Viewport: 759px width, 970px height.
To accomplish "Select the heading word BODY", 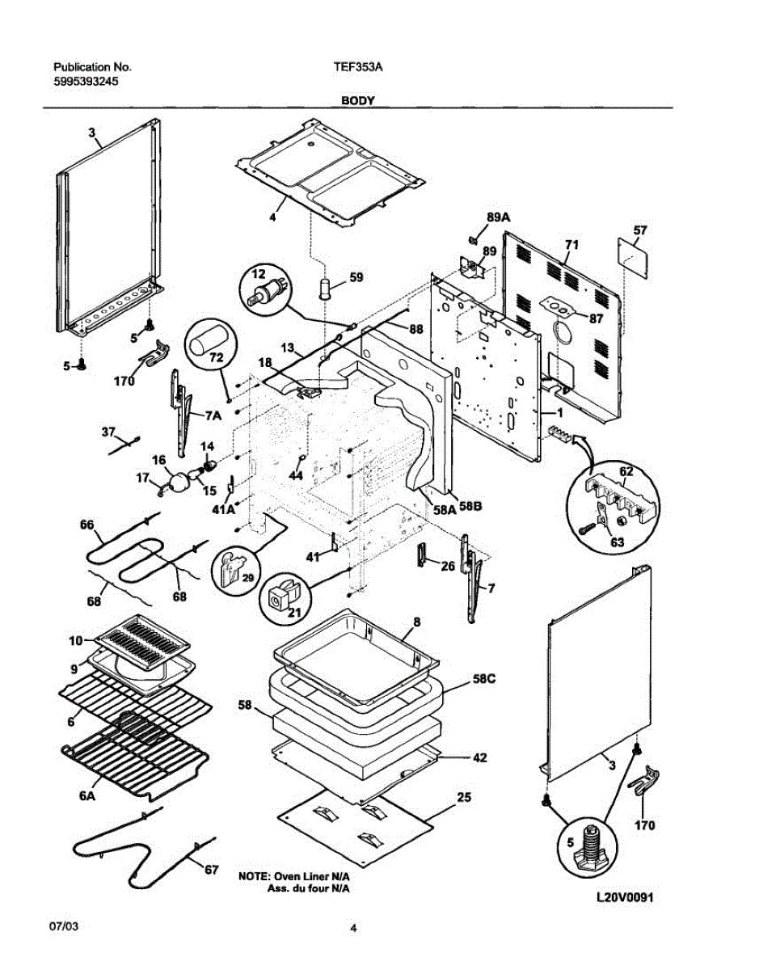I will (x=356, y=101).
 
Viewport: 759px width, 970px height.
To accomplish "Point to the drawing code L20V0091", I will (x=624, y=898).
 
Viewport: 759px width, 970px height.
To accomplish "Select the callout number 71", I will (x=571, y=244).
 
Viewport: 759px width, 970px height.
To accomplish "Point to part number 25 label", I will (x=464, y=798).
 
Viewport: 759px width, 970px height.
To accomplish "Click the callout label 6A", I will (x=88, y=796).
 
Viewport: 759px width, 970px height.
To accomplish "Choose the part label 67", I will (x=211, y=870).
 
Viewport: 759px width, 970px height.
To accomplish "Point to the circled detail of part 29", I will (x=234, y=569).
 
